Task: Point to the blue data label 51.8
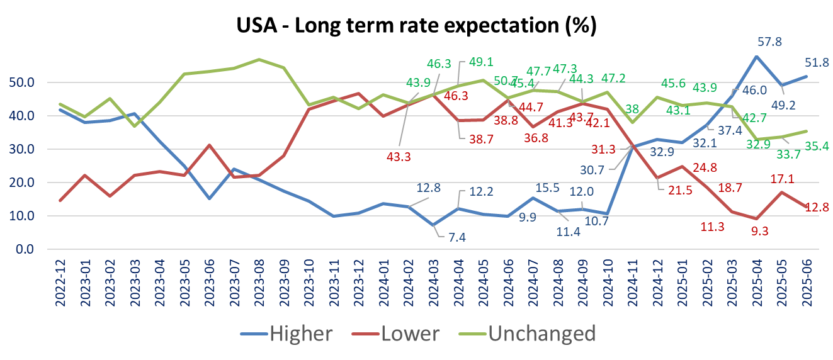pos(816,62)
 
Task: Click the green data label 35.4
pos(816,147)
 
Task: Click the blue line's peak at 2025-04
pos(756,57)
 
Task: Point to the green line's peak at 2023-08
pos(259,59)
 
